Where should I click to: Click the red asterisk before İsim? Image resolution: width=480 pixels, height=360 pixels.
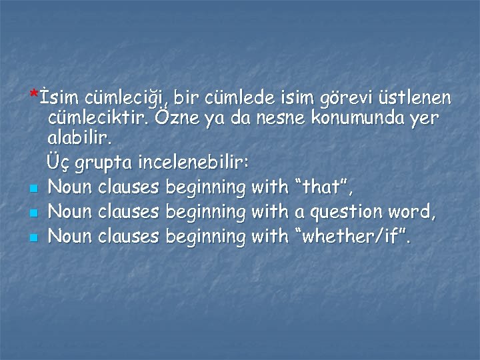pos(33,94)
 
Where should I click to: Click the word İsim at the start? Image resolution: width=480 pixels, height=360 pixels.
pos(60,98)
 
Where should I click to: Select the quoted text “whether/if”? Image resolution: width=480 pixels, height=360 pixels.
pos(352,236)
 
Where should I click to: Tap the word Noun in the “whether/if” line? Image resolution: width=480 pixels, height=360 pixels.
pos(72,236)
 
